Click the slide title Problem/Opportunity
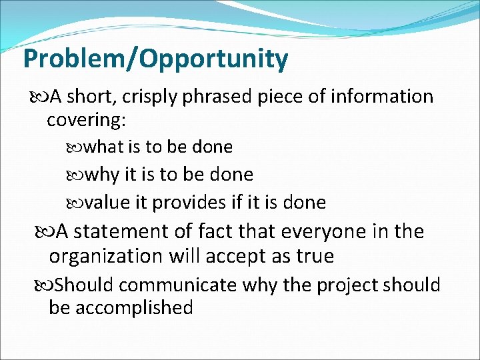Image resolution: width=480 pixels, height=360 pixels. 155,59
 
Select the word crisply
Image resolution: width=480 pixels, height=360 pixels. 154,97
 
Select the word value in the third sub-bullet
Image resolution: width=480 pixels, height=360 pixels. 109,202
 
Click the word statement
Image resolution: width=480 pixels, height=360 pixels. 127,231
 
